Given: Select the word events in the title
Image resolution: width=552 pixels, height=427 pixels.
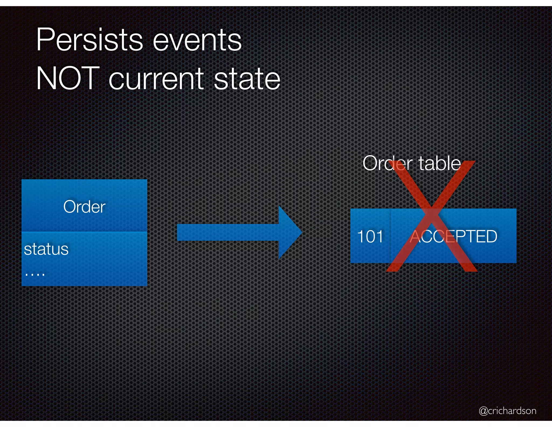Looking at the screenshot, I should coord(197,40).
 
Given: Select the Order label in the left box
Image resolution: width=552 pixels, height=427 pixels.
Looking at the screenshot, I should coord(84,207).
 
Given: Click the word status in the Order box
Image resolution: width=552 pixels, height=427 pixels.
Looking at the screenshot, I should coord(46,249).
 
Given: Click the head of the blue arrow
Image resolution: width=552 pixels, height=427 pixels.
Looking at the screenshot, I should coord(290,232).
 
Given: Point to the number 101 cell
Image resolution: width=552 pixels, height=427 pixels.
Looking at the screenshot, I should coord(370,236).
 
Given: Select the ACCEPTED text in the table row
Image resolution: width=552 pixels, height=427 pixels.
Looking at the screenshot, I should coord(453,236).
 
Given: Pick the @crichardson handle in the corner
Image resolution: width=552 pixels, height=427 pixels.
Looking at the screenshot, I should coord(508,411).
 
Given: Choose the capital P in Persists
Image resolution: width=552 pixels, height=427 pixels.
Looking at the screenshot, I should coord(44,40).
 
